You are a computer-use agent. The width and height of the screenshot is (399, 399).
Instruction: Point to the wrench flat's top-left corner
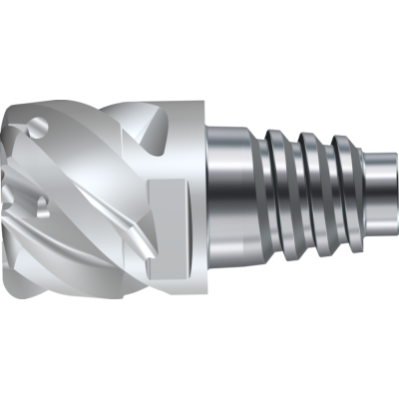click(149, 181)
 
